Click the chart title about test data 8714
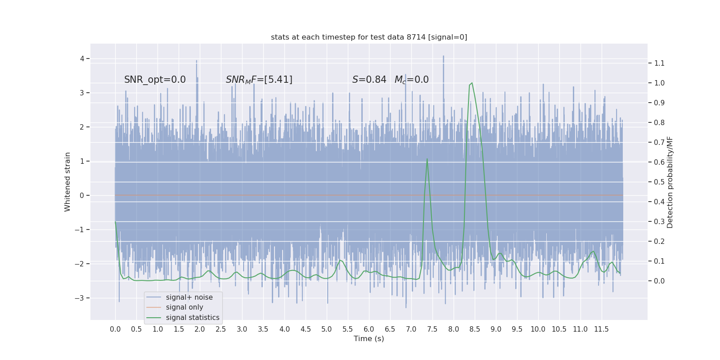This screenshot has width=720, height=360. (x=369, y=37)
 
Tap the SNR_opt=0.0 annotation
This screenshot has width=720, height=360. (x=155, y=80)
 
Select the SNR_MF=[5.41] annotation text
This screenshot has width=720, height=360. (x=259, y=80)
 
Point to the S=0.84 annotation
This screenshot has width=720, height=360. (x=369, y=80)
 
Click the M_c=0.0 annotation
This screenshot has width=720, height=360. (x=411, y=80)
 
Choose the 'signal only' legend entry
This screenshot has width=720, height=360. (x=184, y=307)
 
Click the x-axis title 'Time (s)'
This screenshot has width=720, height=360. (x=369, y=338)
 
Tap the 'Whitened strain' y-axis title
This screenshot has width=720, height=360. (x=67, y=182)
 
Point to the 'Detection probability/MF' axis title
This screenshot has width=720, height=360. (x=670, y=182)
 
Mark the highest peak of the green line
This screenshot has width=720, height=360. (x=472, y=83)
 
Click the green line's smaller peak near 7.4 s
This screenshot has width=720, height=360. (x=427, y=159)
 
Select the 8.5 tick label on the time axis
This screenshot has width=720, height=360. (x=475, y=329)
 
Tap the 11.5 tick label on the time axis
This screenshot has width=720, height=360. (x=601, y=329)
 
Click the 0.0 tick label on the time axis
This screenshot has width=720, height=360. (x=115, y=329)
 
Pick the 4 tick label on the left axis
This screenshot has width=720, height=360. (x=82, y=58)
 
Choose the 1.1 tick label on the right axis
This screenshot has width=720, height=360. (x=659, y=63)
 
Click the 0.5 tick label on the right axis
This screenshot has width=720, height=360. (x=659, y=182)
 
